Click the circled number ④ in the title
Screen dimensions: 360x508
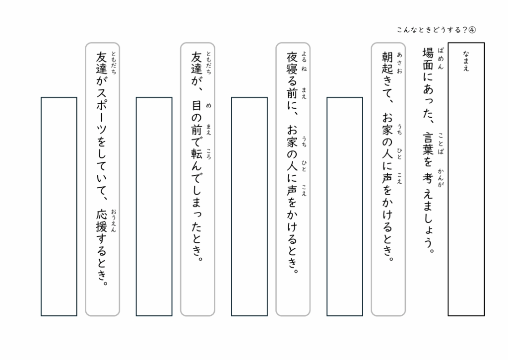point(471,30)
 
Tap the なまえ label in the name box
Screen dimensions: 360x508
point(466,61)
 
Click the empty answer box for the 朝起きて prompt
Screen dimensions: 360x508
point(344,206)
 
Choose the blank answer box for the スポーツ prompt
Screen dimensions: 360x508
point(59,206)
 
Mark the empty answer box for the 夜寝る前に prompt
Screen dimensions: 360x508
point(249,206)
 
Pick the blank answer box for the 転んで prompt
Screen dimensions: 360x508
point(154,206)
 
